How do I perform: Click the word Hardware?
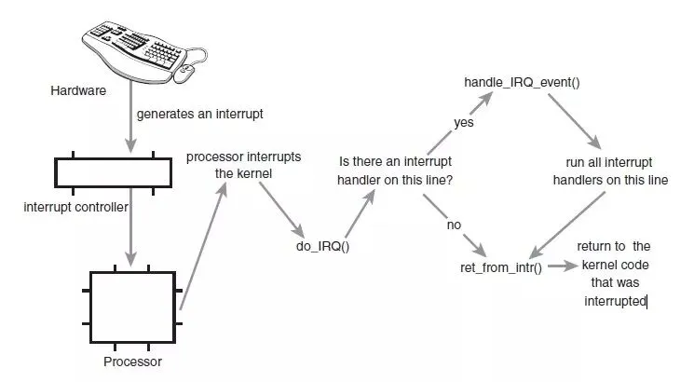[78, 90]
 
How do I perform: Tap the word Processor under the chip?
[131, 361]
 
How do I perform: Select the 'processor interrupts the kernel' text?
[244, 165]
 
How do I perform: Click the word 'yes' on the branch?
[463, 122]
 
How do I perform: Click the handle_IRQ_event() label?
[522, 82]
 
